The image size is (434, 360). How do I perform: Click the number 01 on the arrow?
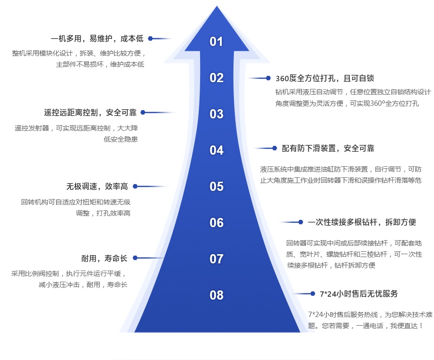(216, 42)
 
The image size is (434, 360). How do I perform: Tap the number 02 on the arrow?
(216, 78)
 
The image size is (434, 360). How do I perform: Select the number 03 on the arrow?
(216, 114)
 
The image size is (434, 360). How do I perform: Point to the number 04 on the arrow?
(216, 150)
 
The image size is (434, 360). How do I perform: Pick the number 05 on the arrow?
(216, 187)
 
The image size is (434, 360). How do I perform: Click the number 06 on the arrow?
(216, 223)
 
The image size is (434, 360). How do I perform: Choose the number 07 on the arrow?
(216, 259)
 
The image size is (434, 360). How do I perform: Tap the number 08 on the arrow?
(216, 295)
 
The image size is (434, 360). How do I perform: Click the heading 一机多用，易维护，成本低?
(97, 38)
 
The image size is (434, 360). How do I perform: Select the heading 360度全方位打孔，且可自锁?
(325, 78)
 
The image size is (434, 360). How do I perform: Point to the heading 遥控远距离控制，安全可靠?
(90, 113)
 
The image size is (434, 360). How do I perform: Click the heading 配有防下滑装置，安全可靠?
(328, 148)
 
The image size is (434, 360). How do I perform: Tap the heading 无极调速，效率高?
(97, 186)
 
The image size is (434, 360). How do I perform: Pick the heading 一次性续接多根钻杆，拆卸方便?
(362, 222)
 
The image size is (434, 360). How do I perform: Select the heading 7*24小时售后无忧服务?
(359, 294)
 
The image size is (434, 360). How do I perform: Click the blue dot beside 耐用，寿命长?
(134, 258)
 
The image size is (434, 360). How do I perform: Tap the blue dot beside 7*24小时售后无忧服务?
(314, 294)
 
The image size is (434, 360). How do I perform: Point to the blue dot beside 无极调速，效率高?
(135, 186)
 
